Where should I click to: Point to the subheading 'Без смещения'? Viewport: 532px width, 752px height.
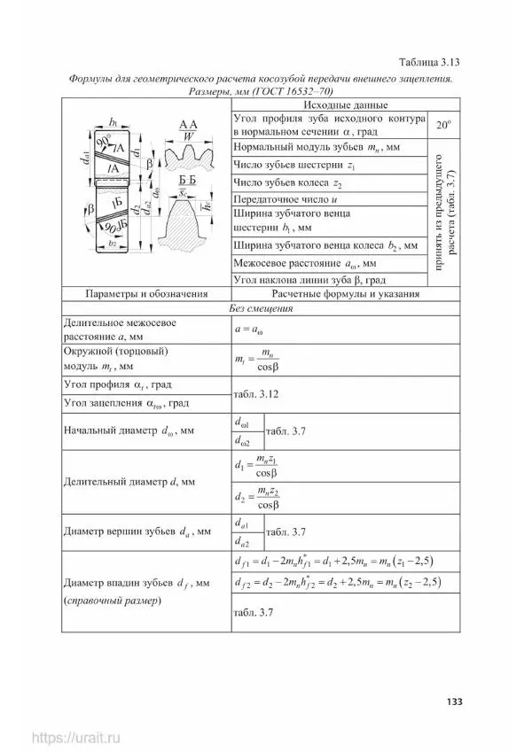[261, 309]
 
